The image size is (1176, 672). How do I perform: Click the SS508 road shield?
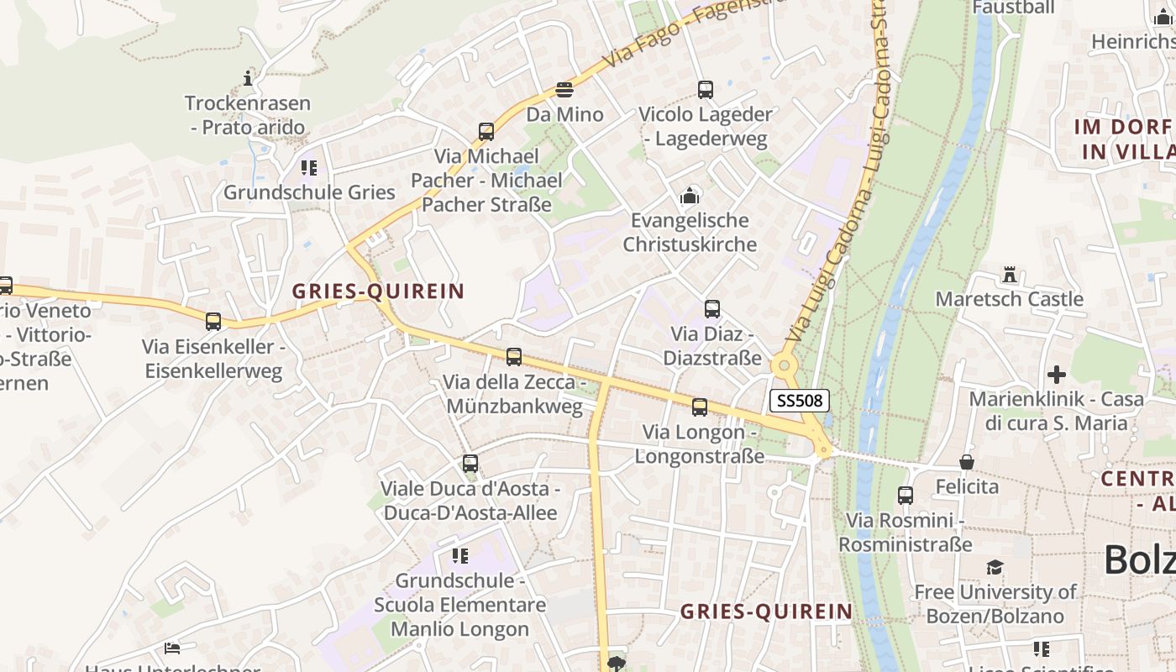pyautogui.click(x=799, y=401)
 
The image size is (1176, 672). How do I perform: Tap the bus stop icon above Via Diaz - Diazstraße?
pyautogui.click(x=712, y=309)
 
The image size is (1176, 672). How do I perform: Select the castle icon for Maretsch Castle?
pyautogui.click(x=1010, y=275)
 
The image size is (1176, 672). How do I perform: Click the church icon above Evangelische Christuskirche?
pyautogui.click(x=690, y=197)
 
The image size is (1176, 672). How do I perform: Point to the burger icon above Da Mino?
pyautogui.click(x=564, y=90)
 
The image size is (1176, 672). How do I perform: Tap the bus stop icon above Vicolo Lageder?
pyautogui.click(x=706, y=90)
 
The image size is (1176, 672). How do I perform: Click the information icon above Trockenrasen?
pyautogui.click(x=248, y=79)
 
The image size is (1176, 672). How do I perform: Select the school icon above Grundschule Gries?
pyautogui.click(x=309, y=168)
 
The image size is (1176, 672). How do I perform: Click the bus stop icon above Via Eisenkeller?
pyautogui.click(x=213, y=322)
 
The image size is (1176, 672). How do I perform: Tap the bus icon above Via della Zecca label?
pyautogui.click(x=514, y=357)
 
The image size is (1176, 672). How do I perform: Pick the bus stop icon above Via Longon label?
pyautogui.click(x=700, y=407)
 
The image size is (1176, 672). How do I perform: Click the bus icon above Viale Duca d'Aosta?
pyautogui.click(x=470, y=464)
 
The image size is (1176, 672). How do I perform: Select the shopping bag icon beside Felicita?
pyautogui.click(x=967, y=462)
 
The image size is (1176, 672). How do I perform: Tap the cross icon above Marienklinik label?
pyautogui.click(x=1057, y=375)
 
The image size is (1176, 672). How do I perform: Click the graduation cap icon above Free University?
pyautogui.click(x=995, y=568)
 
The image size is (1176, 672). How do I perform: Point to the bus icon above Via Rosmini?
pyautogui.click(x=906, y=496)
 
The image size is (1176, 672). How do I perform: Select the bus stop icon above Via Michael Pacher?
pyautogui.click(x=486, y=132)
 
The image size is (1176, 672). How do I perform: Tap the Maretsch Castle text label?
pyautogui.click(x=1009, y=299)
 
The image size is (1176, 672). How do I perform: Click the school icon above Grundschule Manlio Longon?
pyautogui.click(x=459, y=556)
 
